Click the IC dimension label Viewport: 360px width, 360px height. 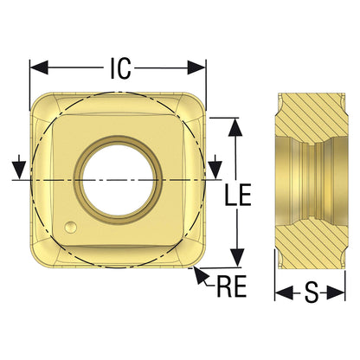point(121,68)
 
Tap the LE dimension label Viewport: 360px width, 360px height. point(238,195)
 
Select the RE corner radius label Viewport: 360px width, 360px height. point(232,286)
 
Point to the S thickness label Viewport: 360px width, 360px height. point(312,292)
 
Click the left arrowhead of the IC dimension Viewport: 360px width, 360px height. point(39,67)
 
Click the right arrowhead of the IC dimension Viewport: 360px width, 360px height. point(196,67)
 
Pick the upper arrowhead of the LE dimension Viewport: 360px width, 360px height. point(236,127)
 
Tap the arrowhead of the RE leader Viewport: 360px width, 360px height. point(200,275)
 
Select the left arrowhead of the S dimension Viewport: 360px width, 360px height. point(284,293)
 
